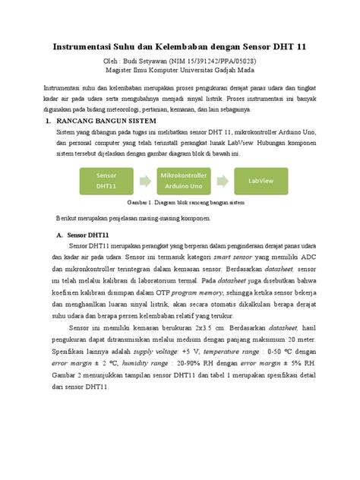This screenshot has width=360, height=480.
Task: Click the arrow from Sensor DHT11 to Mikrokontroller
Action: (140, 181)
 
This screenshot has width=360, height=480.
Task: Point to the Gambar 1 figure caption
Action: (179, 204)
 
